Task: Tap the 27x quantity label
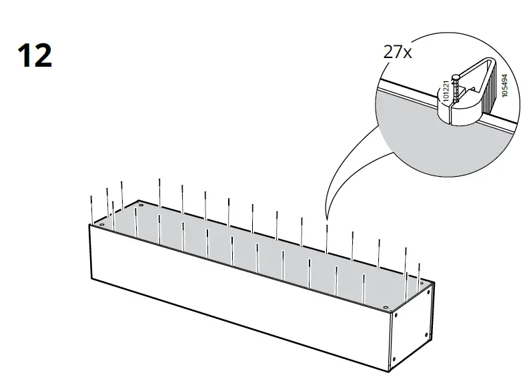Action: pos(397,53)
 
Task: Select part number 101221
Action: pos(446,91)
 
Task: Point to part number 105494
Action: pos(504,87)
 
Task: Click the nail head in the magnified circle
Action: pos(455,77)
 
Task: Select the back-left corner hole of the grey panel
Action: pos(140,202)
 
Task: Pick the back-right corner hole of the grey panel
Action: pos(422,283)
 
